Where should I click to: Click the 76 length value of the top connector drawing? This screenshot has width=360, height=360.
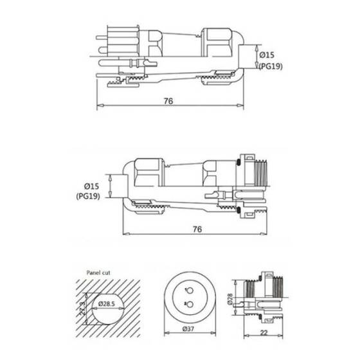click(x=169, y=102)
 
